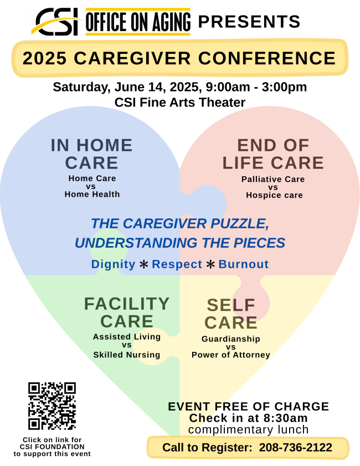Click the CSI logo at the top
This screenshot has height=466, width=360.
56,22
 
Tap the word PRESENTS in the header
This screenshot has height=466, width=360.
249,22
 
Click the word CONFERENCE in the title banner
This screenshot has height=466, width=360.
267,58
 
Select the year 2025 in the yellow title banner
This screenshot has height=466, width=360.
44,58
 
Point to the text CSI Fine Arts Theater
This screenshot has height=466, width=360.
180,103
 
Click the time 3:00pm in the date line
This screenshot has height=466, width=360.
284,87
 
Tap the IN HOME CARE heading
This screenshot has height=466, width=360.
91,154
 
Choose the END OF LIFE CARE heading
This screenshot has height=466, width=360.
273,154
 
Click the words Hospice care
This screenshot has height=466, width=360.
274,195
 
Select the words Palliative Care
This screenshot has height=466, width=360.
273,179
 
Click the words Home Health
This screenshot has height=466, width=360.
92,194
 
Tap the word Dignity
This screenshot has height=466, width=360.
113,264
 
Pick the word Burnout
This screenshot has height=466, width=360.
244,264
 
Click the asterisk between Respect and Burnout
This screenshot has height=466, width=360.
210,264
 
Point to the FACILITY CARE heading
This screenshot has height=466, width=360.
127,313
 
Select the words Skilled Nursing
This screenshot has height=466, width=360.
127,355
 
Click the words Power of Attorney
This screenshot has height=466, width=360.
231,355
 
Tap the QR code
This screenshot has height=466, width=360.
52,406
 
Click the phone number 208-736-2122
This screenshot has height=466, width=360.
296,447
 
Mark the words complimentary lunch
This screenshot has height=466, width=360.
248,430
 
